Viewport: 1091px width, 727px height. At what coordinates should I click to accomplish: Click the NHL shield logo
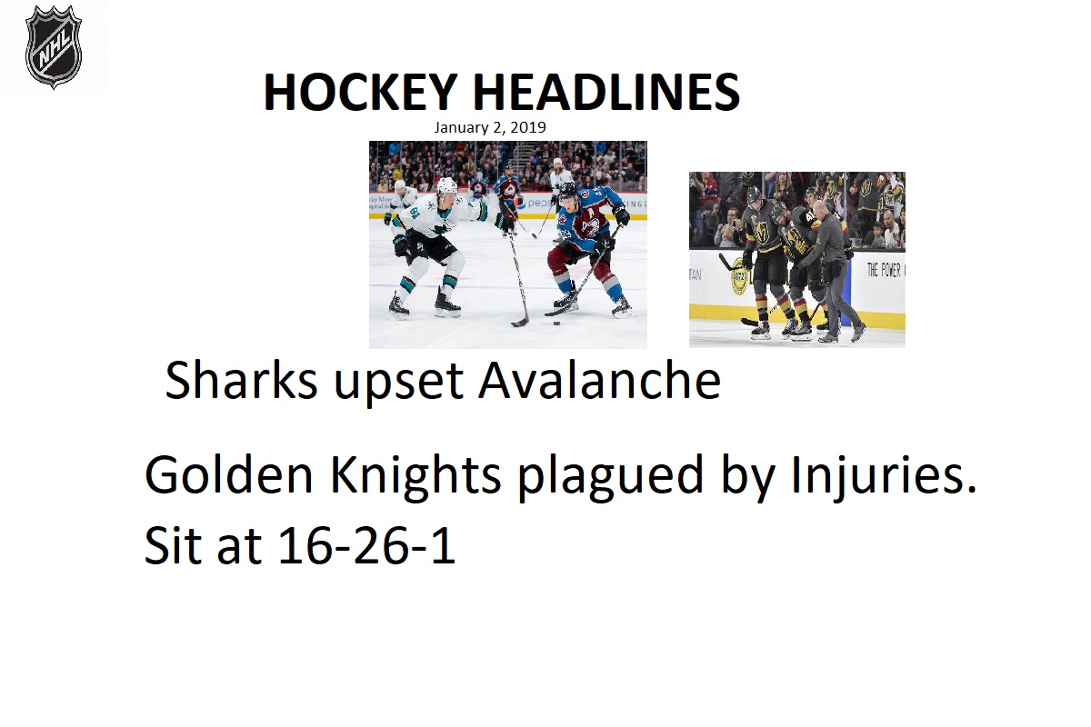pyautogui.click(x=54, y=46)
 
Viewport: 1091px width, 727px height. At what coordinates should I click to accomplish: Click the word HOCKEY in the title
pyautogui.click(x=360, y=92)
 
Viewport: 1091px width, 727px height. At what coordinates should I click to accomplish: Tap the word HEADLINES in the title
pyautogui.click(x=606, y=92)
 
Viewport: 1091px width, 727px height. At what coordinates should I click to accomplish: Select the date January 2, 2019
pyautogui.click(x=490, y=127)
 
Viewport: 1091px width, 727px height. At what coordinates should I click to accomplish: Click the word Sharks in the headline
pyautogui.click(x=242, y=380)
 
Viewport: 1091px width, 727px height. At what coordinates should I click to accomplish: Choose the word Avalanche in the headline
pyautogui.click(x=599, y=380)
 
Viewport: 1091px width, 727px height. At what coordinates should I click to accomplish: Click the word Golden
pyautogui.click(x=229, y=474)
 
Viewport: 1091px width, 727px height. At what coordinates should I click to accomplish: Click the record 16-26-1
pyautogui.click(x=367, y=545)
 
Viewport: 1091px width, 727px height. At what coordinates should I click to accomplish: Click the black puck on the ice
pyautogui.click(x=557, y=323)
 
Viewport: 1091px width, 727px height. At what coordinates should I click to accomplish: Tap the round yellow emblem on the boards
pyautogui.click(x=740, y=281)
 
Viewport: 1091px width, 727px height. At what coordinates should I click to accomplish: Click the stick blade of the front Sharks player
pyautogui.click(x=520, y=323)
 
